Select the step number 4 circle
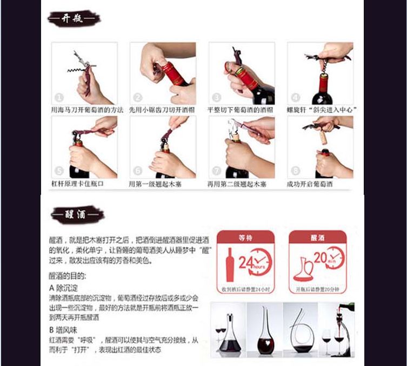coord(295,98)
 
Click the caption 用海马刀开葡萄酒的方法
coord(88,110)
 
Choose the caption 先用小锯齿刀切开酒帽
coord(161,110)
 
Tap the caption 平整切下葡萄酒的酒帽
coord(241,110)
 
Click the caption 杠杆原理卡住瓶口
coord(77,184)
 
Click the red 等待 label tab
coord(245,237)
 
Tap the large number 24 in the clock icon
coord(246,262)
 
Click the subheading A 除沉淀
coord(64,288)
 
